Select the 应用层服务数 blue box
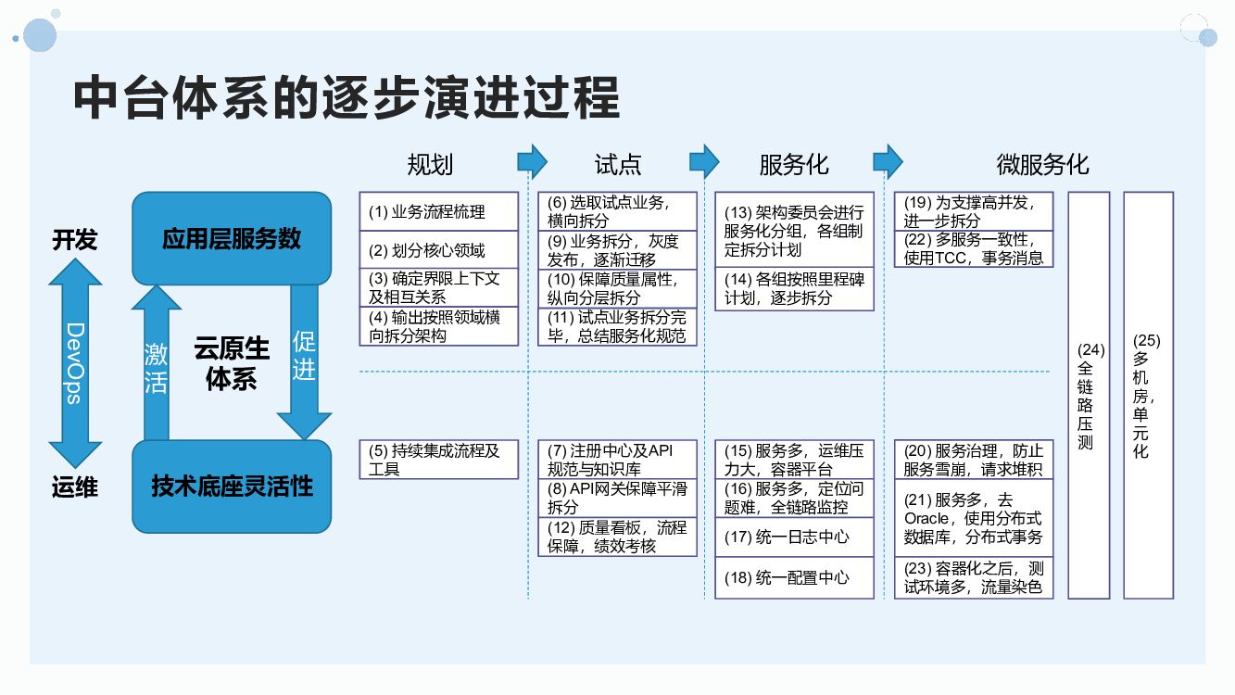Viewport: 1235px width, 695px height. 232,238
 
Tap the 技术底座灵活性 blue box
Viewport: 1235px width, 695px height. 232,486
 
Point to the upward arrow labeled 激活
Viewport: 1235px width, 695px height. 157,365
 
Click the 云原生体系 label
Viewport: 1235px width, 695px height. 232,363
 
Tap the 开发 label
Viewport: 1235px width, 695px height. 75,240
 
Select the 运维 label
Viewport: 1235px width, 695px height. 75,487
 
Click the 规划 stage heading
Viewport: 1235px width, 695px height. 431,165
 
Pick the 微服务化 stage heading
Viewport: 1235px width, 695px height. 1042,165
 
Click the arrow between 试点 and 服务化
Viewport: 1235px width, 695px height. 704,161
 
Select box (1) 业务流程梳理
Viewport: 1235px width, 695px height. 438,211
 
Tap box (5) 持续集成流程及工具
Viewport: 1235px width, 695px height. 438,460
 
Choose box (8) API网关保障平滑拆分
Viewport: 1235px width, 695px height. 617,498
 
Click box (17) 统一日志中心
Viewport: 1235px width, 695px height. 794,537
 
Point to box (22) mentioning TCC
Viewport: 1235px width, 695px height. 974,248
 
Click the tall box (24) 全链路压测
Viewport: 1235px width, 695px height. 1089,395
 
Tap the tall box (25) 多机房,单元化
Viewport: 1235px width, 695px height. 1148,395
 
